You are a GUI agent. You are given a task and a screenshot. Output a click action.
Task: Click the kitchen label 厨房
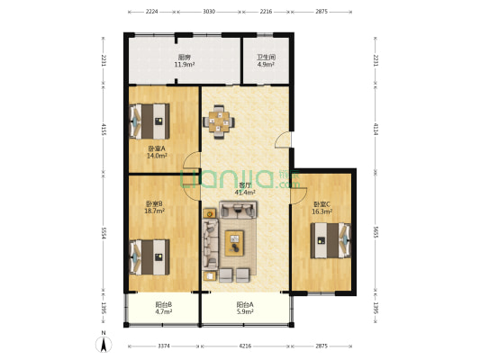point(183,58)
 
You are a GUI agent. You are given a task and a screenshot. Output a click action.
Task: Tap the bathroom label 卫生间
point(266,58)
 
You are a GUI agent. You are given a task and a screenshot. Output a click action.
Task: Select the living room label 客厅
point(244,184)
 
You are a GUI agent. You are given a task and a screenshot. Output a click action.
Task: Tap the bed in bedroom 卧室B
point(149,255)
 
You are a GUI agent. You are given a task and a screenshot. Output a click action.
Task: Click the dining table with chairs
point(219,120)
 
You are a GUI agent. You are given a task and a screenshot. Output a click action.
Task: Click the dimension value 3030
point(209,13)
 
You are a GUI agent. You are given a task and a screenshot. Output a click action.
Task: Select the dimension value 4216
point(244,346)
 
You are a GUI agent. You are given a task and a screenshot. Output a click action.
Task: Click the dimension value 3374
point(163,346)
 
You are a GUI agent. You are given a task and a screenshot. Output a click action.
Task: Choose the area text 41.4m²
point(244,192)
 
